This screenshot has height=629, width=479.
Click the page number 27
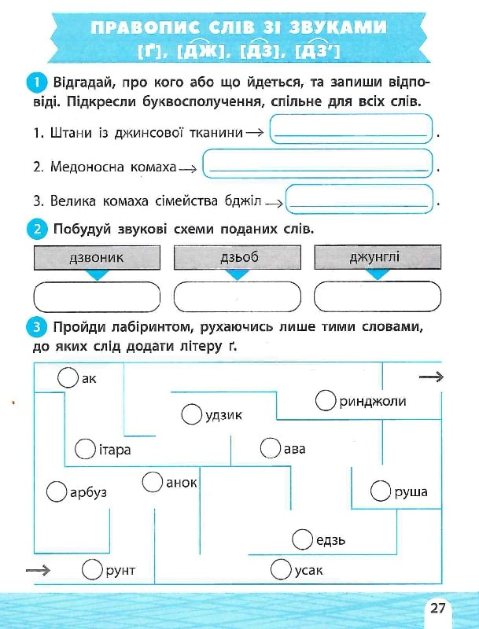(438, 608)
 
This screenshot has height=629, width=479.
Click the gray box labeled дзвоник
(97, 257)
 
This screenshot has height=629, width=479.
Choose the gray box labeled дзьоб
(237, 257)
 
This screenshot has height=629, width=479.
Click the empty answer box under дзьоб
(237, 297)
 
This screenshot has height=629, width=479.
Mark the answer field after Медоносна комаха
(318, 164)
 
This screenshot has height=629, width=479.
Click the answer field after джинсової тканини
(352, 130)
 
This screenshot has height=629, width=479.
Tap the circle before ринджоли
(326, 401)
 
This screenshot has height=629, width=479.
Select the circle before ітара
(85, 450)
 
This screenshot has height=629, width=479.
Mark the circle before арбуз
(57, 492)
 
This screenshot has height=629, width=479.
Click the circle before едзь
(302, 540)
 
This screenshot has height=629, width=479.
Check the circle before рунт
(93, 570)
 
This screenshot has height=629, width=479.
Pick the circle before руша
(381, 492)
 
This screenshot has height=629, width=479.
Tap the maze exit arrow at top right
(431, 378)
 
